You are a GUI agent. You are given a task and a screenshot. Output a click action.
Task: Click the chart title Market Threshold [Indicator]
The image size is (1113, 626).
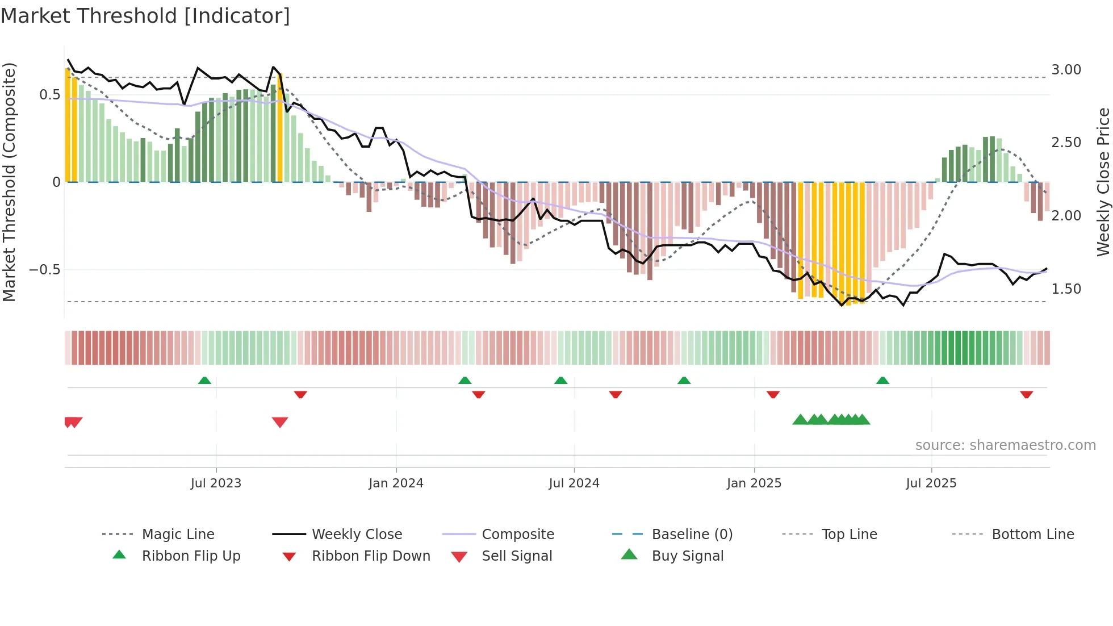pyautogui.click(x=145, y=16)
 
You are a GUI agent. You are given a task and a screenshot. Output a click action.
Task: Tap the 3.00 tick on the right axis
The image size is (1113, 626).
pyautogui.click(x=1066, y=70)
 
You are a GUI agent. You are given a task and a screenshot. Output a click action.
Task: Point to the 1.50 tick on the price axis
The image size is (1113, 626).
pyautogui.click(x=1066, y=289)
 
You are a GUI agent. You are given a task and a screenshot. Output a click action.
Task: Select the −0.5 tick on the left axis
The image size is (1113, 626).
pyautogui.click(x=44, y=270)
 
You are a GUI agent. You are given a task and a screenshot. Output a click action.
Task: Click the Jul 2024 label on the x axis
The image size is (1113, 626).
pyautogui.click(x=574, y=483)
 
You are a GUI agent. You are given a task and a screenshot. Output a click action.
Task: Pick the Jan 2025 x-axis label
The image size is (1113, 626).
pyautogui.click(x=754, y=483)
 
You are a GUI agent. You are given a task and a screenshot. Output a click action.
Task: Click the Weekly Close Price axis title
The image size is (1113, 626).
pyautogui.click(x=1103, y=182)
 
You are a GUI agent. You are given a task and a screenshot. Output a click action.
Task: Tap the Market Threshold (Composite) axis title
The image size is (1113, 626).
pyautogui.click(x=9, y=182)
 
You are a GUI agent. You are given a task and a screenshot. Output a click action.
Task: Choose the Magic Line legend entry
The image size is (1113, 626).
pyautogui.click(x=178, y=535)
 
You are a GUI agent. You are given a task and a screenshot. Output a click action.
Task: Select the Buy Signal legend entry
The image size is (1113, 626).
pyautogui.click(x=687, y=556)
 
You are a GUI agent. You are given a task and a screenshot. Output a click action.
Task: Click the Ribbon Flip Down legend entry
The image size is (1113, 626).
pyautogui.click(x=370, y=556)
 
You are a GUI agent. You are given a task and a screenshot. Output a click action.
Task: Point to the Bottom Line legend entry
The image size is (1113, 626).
pyautogui.click(x=1032, y=535)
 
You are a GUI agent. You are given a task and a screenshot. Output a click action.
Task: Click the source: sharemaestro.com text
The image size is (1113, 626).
pyautogui.click(x=1005, y=445)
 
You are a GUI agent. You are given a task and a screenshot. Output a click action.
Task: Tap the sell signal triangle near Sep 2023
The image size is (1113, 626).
pyautogui.click(x=280, y=422)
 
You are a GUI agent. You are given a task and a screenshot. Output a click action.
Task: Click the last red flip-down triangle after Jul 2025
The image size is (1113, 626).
pyautogui.click(x=1026, y=394)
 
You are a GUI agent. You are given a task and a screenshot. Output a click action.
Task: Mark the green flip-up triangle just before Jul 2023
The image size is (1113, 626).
pyautogui.click(x=204, y=381)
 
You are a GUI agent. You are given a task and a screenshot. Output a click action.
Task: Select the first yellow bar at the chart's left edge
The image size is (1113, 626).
pyautogui.click(x=68, y=125)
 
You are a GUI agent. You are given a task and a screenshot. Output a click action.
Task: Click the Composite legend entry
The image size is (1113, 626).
pyautogui.click(x=517, y=535)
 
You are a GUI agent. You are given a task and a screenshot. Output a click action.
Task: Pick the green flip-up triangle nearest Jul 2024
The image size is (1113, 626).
pyautogui.click(x=560, y=381)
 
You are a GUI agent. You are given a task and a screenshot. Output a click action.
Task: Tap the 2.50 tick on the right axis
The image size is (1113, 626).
pyautogui.click(x=1066, y=143)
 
